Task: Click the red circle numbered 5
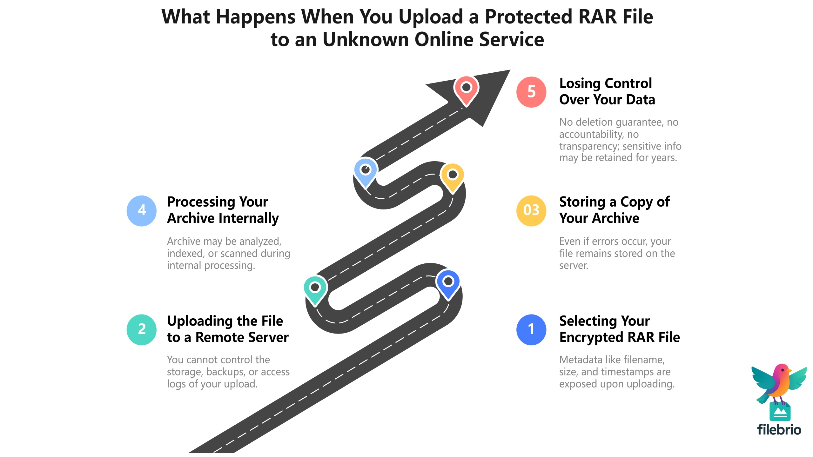click(531, 92)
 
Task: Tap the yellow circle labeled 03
click(531, 210)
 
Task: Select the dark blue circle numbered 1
click(531, 329)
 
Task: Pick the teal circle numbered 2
click(142, 329)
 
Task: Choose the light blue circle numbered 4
click(142, 210)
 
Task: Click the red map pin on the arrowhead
click(466, 89)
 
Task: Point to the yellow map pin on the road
click(453, 176)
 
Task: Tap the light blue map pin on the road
click(366, 171)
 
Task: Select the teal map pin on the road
click(315, 289)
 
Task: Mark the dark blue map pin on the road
click(448, 282)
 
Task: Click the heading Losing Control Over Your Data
click(607, 91)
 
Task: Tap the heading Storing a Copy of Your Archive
click(614, 210)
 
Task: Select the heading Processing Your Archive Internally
click(223, 210)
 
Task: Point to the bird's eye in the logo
click(783, 370)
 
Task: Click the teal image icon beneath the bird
click(780, 412)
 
